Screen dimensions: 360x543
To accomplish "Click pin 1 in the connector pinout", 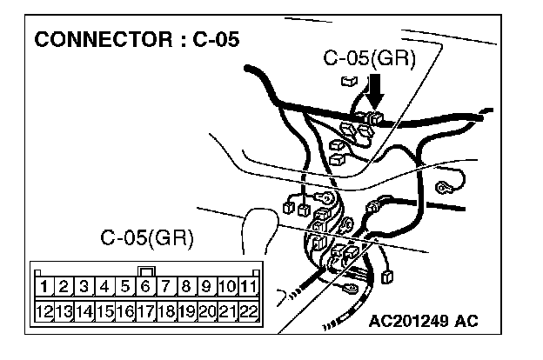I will pyautogui.click(x=43, y=285).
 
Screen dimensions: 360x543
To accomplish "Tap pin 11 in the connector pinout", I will pyautogui.click(x=249, y=285).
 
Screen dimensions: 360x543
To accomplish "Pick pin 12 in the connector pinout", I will pyautogui.click(x=43, y=310).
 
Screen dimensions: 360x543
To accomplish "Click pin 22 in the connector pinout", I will pyautogui.click(x=249, y=310).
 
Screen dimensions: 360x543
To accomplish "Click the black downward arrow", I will pyautogui.click(x=375, y=90).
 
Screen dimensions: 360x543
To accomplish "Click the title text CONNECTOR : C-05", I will pyautogui.click(x=135, y=40).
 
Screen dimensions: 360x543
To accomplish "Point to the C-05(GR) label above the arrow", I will pyautogui.click(x=369, y=59).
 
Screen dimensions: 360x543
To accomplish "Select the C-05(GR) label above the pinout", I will pyautogui.click(x=147, y=237).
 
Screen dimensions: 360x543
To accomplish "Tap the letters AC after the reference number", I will pyautogui.click(x=467, y=322).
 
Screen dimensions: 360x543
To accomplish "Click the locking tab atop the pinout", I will pyautogui.click(x=146, y=270).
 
